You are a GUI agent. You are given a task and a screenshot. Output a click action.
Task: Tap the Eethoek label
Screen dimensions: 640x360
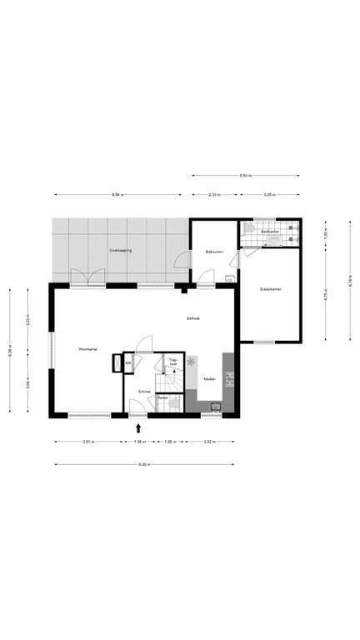click(x=192, y=319)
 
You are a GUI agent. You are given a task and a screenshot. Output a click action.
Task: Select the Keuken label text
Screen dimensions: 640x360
click(x=211, y=378)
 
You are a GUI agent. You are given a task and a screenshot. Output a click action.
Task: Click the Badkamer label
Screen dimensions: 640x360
click(x=269, y=231)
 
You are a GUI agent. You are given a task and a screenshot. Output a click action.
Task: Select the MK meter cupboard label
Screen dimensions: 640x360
click(x=129, y=363)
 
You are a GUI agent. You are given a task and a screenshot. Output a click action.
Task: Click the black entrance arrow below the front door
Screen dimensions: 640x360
click(x=138, y=427)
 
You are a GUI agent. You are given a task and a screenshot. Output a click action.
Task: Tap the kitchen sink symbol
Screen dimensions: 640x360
click(x=215, y=407)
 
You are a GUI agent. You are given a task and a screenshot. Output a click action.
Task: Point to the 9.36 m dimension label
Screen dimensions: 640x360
click(x=146, y=464)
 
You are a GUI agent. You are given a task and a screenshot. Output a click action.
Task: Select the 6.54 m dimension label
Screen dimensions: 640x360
click(x=117, y=195)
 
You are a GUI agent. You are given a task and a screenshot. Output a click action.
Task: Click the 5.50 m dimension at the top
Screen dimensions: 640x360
click(x=245, y=176)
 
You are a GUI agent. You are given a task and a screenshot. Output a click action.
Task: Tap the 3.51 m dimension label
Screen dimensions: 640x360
click(x=87, y=441)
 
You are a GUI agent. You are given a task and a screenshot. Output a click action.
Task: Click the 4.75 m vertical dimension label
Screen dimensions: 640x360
click(x=327, y=293)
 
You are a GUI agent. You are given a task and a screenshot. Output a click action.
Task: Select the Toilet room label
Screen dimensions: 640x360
click(x=163, y=397)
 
